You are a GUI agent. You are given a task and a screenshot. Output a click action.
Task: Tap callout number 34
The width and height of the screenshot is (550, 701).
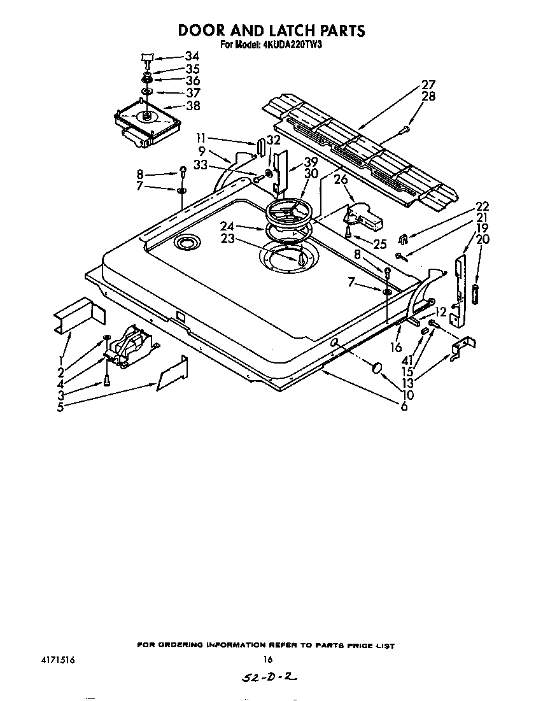point(192,57)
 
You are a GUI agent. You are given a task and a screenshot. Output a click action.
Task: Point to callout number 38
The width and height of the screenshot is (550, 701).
point(192,106)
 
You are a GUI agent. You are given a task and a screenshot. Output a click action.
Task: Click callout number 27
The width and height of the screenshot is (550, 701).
point(428,85)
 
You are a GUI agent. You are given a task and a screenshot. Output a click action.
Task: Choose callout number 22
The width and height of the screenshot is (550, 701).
point(482,206)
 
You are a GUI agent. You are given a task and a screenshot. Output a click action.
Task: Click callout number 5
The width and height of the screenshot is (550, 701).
point(60,407)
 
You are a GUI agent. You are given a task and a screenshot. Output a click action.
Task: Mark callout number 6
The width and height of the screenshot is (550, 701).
point(404,406)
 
